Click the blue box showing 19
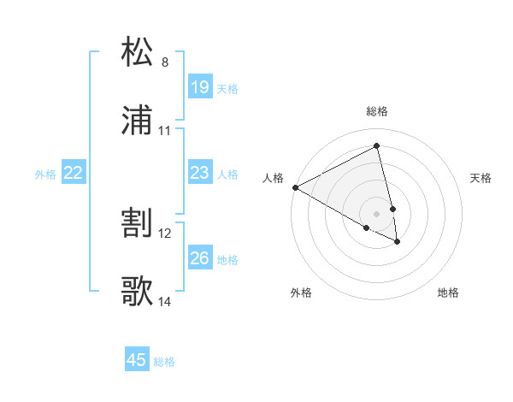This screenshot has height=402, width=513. click(x=199, y=87)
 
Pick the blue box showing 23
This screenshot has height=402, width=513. click(x=199, y=173)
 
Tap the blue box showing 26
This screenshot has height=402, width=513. click(x=199, y=258)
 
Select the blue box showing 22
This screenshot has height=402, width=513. click(x=74, y=173)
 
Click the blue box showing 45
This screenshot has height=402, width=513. click(x=137, y=360)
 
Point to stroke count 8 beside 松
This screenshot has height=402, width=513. click(x=165, y=62)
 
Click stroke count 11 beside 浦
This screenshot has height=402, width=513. click(x=165, y=132)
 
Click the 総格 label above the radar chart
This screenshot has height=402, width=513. click(x=377, y=111)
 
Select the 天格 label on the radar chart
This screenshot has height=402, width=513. click(x=481, y=178)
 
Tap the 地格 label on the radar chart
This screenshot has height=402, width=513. click(x=448, y=293)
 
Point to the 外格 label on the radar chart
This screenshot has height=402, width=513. click(x=301, y=293)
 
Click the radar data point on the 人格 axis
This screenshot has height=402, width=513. click(x=295, y=186)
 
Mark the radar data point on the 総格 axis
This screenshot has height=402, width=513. click(x=377, y=146)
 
